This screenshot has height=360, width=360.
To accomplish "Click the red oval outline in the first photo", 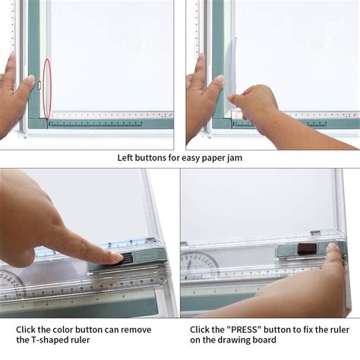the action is tap(43, 89).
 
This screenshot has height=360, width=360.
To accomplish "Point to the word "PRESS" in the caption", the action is tap(244, 330).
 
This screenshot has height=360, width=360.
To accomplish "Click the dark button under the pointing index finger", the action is tap(127, 258).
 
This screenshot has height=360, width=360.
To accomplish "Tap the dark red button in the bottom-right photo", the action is tap(306, 248).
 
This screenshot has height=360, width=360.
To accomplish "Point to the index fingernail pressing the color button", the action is tap(118, 257).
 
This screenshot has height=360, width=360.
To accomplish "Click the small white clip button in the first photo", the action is tap(39, 85).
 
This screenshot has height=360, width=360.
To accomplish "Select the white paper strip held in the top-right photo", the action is tap(232, 74).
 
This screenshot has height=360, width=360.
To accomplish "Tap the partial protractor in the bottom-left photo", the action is tap(11, 281).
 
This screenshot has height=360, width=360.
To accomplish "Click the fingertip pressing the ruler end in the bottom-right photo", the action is tap(333, 249).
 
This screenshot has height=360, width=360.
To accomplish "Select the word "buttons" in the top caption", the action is tap(150, 158).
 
